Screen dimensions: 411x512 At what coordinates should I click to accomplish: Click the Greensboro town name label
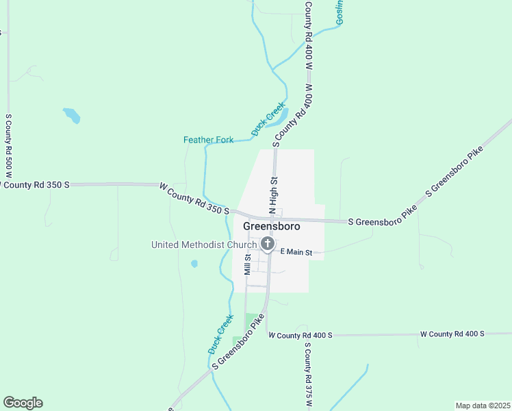click(x=271, y=227)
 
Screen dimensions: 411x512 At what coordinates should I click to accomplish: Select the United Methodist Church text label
click(x=203, y=245)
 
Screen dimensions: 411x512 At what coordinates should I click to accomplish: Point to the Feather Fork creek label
click(x=208, y=140)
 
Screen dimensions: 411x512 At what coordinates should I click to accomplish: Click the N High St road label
click(x=272, y=194)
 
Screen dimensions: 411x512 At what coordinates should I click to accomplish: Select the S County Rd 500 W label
click(x=8, y=145)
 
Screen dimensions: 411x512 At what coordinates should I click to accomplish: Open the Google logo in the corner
click(x=23, y=403)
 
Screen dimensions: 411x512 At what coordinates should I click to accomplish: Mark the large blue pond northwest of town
click(x=72, y=115)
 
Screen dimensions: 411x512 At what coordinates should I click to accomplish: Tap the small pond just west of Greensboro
click(x=195, y=263)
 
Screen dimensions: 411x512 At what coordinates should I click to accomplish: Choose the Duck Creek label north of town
click(x=268, y=118)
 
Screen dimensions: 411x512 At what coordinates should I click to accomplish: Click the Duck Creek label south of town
click(x=216, y=334)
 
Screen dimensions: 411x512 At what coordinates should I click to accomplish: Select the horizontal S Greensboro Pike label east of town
click(x=382, y=221)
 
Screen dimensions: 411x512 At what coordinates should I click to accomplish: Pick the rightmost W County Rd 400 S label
click(x=452, y=334)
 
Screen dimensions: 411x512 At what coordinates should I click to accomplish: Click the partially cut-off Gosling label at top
click(x=340, y=12)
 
